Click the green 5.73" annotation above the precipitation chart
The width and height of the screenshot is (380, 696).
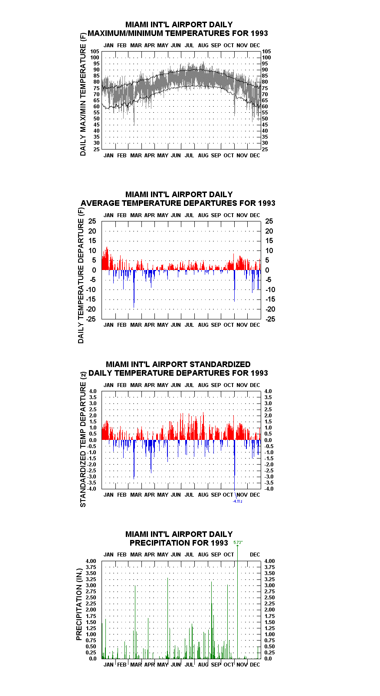tap(238, 542)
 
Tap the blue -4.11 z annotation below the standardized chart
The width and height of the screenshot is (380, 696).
tap(238, 501)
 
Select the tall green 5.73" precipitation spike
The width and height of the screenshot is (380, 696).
tap(238, 601)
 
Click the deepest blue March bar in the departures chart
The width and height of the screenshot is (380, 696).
tap(134, 289)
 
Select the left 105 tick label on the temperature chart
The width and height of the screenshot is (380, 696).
tap(95, 52)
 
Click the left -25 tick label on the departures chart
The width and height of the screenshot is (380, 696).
tap(91, 319)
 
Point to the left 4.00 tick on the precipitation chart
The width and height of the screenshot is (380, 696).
tap(91, 561)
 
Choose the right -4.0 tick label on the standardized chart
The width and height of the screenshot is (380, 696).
tap(269, 489)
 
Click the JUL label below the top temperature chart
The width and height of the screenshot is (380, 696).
tap(190, 155)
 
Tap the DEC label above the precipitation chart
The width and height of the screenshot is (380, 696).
tap(255, 555)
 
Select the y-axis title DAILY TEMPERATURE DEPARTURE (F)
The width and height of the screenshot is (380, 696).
tap(81, 275)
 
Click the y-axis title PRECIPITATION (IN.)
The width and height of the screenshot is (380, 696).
tap(79, 605)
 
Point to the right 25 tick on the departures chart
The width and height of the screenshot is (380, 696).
tap(269, 221)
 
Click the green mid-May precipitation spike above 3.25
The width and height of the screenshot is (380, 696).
tap(167, 618)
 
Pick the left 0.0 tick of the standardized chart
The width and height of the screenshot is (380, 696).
tap(93, 440)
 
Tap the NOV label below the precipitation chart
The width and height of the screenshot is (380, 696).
tap(242, 665)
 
